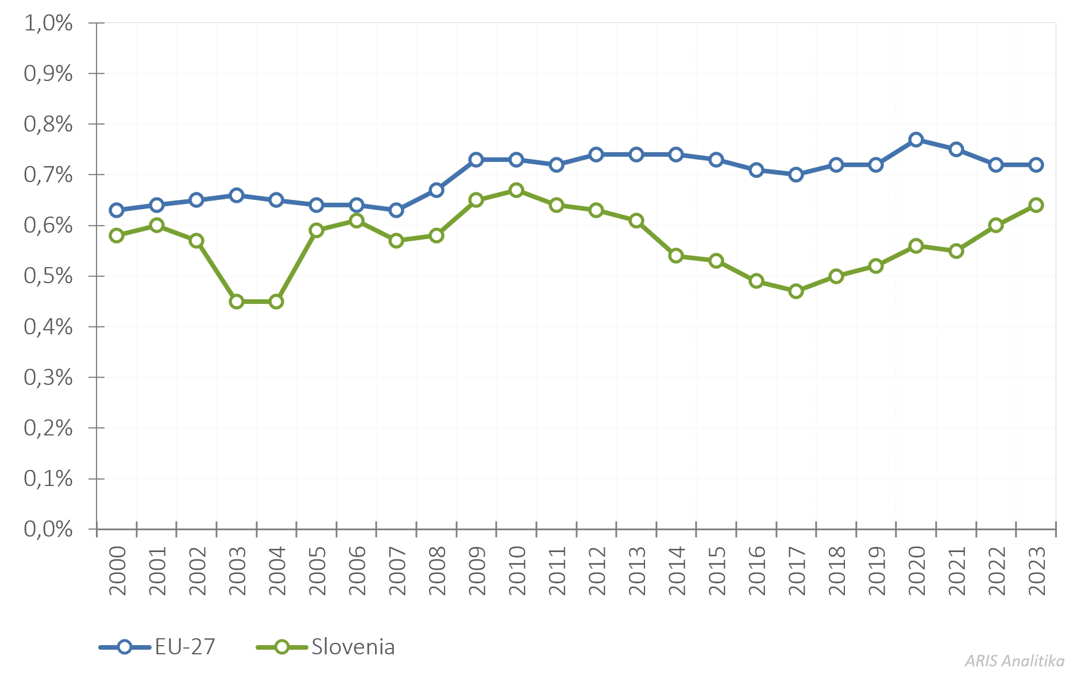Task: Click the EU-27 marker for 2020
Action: (916, 140)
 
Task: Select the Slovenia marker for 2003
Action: (236, 302)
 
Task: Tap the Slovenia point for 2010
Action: (516, 190)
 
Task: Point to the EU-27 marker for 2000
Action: (117, 210)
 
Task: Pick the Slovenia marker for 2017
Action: (796, 291)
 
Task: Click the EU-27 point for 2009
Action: (476, 160)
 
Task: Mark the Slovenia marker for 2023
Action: (1036, 205)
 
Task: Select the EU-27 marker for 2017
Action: (796, 175)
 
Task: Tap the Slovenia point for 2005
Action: (316, 230)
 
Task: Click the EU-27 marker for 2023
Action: (1036, 165)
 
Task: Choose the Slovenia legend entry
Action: (326, 647)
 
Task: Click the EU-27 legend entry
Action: (157, 647)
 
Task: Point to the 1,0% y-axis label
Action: (48, 24)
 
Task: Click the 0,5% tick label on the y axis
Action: (48, 276)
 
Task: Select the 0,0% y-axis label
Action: (48, 529)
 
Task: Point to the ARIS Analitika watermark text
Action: (1014, 661)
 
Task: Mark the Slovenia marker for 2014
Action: (676, 256)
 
